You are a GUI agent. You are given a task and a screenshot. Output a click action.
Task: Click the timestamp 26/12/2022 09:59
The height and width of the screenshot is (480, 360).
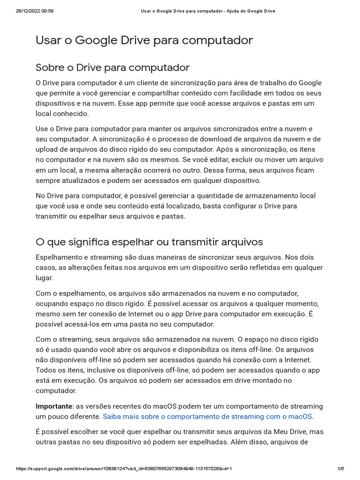(x=35, y=11)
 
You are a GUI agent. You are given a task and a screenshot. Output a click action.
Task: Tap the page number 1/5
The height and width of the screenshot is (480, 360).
(x=341, y=468)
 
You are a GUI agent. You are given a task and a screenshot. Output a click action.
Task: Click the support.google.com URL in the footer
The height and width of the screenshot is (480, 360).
(x=124, y=468)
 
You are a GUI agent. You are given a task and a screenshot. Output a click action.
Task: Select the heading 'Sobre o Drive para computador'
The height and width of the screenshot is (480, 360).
(x=112, y=67)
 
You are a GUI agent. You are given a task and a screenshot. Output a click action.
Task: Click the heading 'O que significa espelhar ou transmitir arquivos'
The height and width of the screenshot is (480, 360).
(x=149, y=242)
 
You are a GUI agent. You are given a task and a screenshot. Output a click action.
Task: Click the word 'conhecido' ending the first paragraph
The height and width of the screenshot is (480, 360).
(x=68, y=113)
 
